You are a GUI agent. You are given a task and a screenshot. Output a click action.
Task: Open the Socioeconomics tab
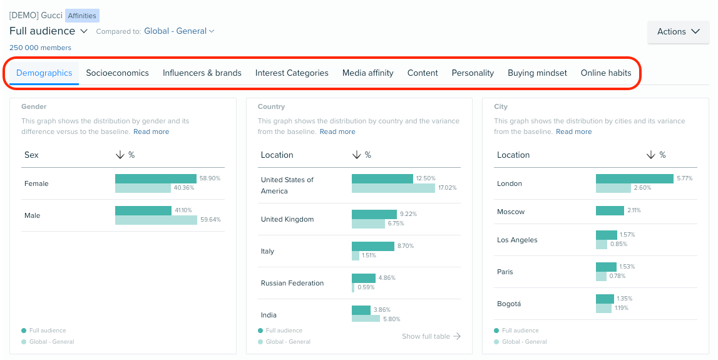(x=117, y=73)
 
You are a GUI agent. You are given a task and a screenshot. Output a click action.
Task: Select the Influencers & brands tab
(x=202, y=73)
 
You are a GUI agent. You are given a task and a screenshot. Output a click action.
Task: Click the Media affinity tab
(x=367, y=73)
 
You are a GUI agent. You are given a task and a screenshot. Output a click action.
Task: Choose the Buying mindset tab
(x=537, y=73)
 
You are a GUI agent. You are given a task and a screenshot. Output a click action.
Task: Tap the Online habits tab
(x=606, y=73)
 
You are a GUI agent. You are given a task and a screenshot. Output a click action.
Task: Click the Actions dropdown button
(x=678, y=31)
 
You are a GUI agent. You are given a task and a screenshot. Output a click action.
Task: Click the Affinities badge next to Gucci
(x=82, y=16)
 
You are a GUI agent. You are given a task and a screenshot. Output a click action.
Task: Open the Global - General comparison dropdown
(x=179, y=31)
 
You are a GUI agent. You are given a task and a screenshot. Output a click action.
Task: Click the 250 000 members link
(x=40, y=48)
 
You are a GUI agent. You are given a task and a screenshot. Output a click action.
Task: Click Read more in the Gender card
(x=151, y=131)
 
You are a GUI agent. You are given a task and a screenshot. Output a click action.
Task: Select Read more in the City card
(x=573, y=131)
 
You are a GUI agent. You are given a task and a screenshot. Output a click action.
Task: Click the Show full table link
(x=431, y=336)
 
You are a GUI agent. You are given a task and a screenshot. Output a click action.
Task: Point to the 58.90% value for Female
(x=210, y=178)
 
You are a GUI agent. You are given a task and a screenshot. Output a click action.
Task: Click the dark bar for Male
(x=143, y=210)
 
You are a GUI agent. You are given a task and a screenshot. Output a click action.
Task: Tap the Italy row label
(x=267, y=251)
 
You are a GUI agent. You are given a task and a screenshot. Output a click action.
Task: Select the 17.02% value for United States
(x=447, y=188)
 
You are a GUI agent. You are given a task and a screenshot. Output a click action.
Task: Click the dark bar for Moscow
(x=610, y=211)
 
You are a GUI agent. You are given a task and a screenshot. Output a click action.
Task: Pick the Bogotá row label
(x=508, y=304)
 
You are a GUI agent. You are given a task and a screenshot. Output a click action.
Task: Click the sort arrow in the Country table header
(x=356, y=155)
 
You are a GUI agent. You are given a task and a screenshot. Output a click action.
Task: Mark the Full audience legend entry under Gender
(x=48, y=330)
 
